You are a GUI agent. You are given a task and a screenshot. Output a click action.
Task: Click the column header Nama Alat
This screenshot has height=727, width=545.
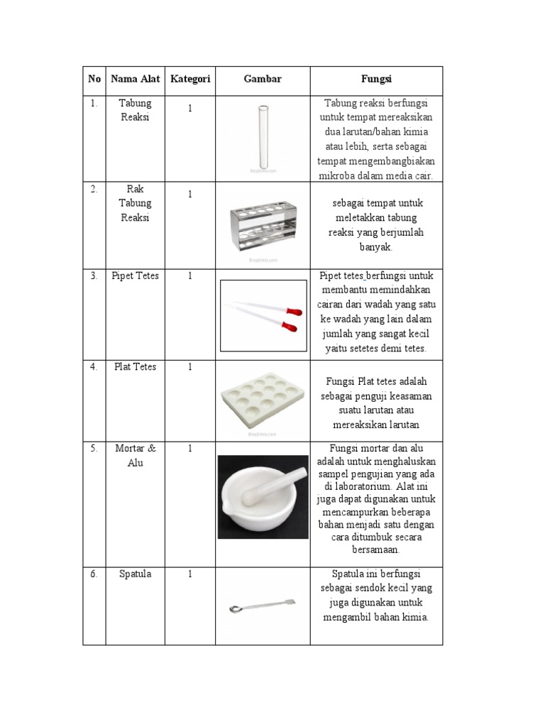(x=135, y=80)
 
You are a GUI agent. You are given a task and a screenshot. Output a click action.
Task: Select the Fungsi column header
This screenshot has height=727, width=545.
(x=376, y=80)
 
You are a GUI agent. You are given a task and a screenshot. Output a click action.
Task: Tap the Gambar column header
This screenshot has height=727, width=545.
(x=263, y=80)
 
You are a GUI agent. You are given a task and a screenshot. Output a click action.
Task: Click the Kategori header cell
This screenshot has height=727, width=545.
(x=190, y=80)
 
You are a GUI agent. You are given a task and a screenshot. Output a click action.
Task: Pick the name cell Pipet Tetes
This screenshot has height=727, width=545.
(x=135, y=276)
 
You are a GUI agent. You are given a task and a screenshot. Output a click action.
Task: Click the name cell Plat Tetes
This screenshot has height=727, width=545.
(x=135, y=367)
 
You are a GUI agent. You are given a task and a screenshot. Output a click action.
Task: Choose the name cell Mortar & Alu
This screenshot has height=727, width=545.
(x=135, y=455)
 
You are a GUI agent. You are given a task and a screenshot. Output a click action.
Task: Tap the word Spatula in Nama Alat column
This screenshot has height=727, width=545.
(x=135, y=574)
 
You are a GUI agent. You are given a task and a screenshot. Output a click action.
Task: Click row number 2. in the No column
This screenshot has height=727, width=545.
(x=94, y=189)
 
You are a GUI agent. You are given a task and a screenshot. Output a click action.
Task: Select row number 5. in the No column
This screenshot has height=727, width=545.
(x=94, y=448)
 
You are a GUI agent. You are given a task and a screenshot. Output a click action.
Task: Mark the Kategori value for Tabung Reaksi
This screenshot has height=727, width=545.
(x=190, y=109)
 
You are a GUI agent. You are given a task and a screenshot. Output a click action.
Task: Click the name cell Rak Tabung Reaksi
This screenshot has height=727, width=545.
(x=135, y=204)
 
